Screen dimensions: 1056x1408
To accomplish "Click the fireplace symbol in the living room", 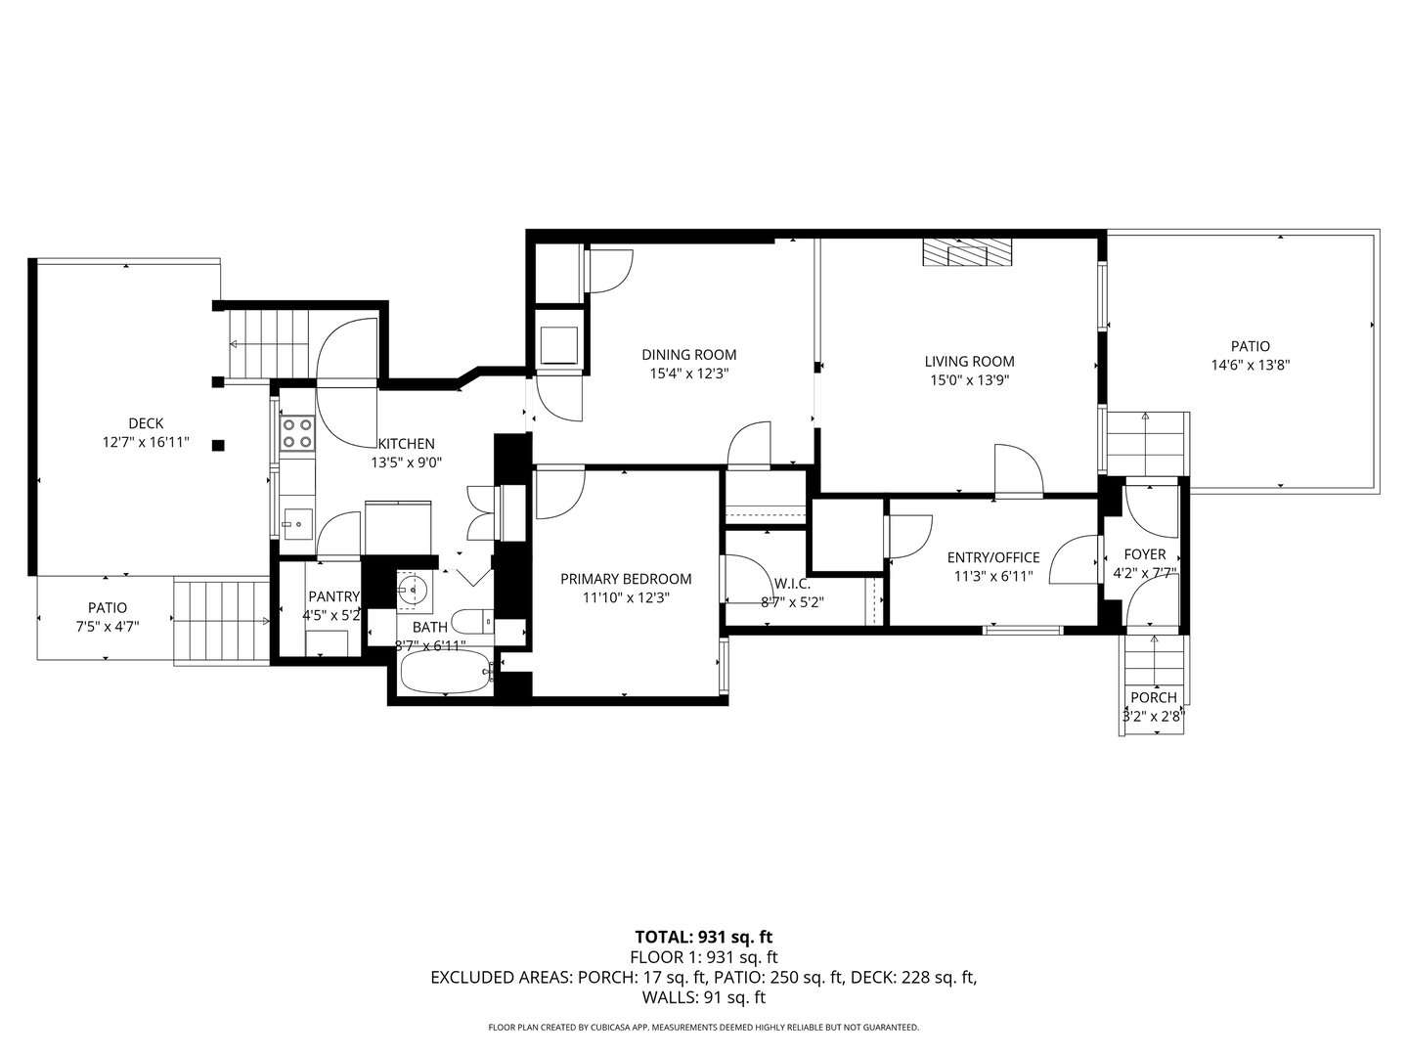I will (967, 252).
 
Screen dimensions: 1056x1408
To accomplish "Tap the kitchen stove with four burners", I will (297, 432).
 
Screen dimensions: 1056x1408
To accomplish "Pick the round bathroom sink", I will (413, 590).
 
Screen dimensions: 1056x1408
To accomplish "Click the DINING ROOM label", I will (688, 355).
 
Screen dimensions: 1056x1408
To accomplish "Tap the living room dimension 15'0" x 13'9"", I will (969, 379).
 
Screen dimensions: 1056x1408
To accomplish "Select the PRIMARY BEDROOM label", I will (626, 579).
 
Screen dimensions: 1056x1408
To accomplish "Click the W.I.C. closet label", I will (792, 584).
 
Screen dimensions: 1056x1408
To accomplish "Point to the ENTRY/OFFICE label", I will (993, 557).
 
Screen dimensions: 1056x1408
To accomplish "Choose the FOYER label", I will (1144, 554).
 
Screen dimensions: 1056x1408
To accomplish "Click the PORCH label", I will (1154, 698).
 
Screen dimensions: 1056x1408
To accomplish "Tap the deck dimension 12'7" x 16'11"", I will (146, 442).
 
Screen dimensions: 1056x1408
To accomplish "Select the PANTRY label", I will (334, 596).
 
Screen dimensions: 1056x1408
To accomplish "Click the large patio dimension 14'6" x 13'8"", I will (1250, 365).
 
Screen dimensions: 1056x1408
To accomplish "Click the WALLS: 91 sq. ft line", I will (703, 997).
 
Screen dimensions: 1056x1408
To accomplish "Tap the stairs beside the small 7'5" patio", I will (220, 622).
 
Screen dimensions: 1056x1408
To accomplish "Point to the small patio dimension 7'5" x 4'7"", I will (108, 627).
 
